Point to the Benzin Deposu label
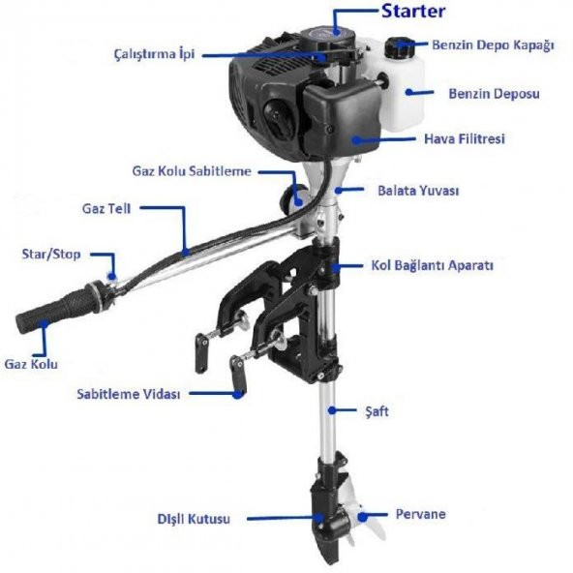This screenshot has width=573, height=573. click(494, 94)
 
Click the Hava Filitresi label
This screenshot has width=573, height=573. click(465, 138)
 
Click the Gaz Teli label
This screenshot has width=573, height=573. click(106, 207)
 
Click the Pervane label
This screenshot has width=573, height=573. click(420, 514)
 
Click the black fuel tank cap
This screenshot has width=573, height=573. click(398, 46)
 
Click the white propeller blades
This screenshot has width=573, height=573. click(360, 520)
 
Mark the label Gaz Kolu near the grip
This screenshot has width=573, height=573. click(31, 364)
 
